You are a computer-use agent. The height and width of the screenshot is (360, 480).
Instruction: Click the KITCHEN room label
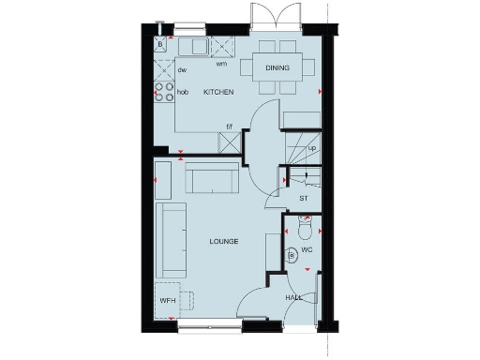(x=218, y=92)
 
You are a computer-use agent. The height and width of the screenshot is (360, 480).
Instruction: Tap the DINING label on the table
(x=277, y=68)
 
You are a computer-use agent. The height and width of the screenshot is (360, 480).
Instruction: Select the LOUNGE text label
(x=223, y=242)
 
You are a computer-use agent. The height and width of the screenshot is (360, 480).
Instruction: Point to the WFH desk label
(x=168, y=301)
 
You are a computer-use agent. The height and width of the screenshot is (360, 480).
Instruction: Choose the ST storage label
(x=303, y=198)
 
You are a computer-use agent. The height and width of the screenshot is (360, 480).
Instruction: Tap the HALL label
(x=293, y=298)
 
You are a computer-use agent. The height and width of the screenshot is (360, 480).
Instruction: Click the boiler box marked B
(x=160, y=44)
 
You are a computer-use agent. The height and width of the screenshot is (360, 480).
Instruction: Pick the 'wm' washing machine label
(x=221, y=65)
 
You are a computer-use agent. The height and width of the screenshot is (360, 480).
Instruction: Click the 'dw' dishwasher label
(x=183, y=69)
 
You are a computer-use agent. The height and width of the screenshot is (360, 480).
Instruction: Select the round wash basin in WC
(x=292, y=253)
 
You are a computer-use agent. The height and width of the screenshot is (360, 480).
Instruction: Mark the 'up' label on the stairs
(x=311, y=148)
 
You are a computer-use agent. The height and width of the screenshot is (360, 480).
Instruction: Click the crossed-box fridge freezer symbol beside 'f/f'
(x=228, y=142)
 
